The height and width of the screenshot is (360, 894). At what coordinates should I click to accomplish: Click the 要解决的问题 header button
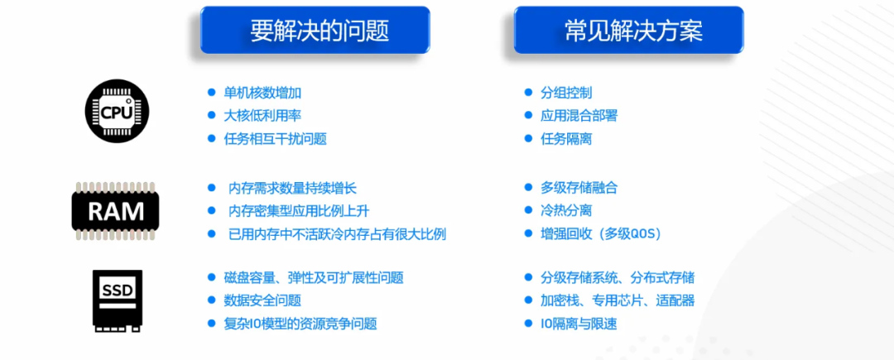[x=315, y=30]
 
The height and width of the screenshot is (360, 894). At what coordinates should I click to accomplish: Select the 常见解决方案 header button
[x=629, y=30]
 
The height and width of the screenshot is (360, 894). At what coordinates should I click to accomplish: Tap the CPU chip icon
[x=117, y=111]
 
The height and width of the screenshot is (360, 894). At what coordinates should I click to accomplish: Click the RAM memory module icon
[x=116, y=211]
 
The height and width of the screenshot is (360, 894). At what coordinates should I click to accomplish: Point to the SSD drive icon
[x=118, y=300]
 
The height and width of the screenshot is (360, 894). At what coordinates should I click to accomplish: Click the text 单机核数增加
[x=262, y=93]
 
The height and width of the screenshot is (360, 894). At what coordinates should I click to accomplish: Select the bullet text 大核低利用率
[x=262, y=116]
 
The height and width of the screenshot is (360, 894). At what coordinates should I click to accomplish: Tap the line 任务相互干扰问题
[x=276, y=139]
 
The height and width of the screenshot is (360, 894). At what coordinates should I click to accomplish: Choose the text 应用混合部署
[x=579, y=116]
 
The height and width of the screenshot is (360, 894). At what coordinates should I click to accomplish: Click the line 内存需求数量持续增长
[x=292, y=187]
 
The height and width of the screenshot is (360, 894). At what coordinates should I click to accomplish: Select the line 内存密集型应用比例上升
[x=299, y=211]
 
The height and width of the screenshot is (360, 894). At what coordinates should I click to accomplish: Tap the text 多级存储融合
[x=579, y=187]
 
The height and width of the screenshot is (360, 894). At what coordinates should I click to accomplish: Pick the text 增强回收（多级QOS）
[x=600, y=234]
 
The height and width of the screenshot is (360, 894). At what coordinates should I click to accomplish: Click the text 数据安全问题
[x=262, y=300]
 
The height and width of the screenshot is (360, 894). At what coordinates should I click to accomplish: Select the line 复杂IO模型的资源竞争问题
[x=300, y=324]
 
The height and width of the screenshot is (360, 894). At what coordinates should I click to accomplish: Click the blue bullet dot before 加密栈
[x=528, y=300]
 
